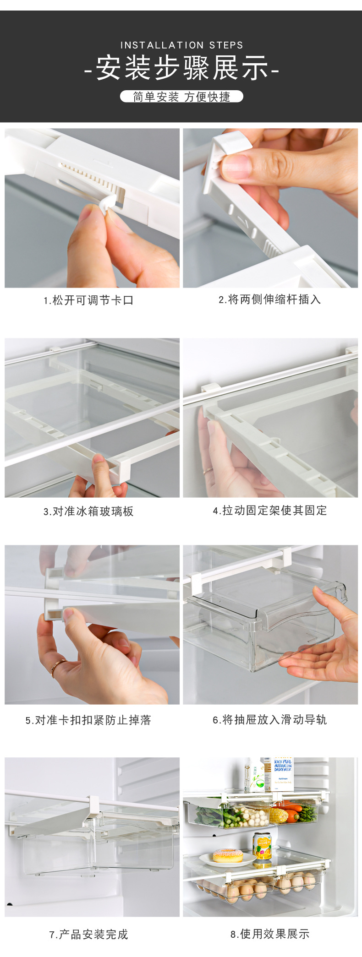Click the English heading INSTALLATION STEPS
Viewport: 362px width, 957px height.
(181, 45)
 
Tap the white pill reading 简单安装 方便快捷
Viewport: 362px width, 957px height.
(181, 97)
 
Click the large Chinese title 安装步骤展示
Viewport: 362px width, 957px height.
(181, 69)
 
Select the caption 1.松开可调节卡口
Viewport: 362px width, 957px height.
(88, 300)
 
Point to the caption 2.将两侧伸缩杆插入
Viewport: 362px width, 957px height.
(269, 299)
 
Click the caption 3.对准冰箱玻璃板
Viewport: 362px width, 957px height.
(88, 511)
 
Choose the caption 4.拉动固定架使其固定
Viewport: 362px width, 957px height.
(269, 511)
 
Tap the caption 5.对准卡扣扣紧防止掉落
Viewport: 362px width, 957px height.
(88, 720)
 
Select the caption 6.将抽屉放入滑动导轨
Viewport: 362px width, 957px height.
(269, 720)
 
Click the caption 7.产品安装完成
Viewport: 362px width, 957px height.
(88, 935)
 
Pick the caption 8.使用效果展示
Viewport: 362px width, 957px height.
(269, 934)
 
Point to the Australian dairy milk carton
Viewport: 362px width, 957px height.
(283, 774)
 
